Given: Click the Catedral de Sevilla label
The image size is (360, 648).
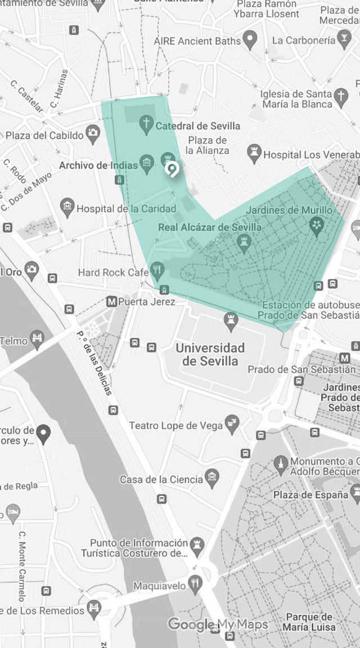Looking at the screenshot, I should click(197, 125).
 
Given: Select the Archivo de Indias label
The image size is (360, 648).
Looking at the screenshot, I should click(98, 165).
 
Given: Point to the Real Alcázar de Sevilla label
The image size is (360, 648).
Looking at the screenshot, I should click(210, 227).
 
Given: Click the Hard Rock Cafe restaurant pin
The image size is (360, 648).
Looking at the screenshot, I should click(158, 271).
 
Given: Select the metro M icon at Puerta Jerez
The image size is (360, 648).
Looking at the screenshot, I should click(111, 301).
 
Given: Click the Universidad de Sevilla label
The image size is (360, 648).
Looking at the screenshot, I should click(210, 354).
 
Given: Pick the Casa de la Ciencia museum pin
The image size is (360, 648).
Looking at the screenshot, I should click(212, 479).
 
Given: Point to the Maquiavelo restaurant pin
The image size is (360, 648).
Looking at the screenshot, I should click(195, 584).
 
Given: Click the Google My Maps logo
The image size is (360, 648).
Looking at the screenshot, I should click(218, 624).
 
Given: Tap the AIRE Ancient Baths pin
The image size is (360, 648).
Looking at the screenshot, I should click(250, 39).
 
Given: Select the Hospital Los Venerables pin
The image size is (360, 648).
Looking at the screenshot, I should click(254, 153).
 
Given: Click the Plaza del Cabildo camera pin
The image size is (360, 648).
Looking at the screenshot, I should click(93, 134).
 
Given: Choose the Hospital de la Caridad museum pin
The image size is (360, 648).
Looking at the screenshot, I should click(68, 207).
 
